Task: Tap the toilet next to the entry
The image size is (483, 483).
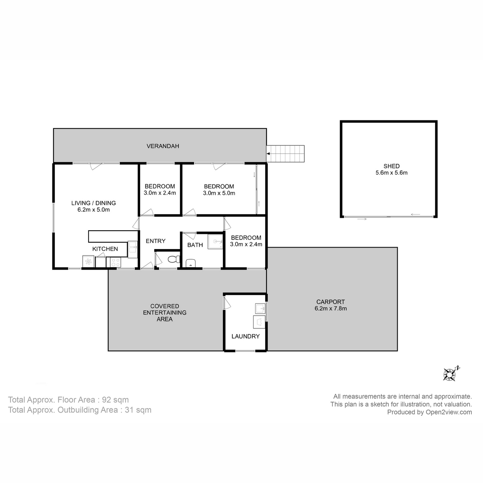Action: tap(173, 259)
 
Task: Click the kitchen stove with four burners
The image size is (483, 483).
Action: tap(114, 262)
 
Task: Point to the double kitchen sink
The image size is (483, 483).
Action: tap(132, 249)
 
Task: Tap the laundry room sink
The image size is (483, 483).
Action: tap(260, 309)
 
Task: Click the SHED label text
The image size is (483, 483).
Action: tap(391, 166)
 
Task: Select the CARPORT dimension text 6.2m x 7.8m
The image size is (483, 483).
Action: tap(330, 309)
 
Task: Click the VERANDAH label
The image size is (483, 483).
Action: tap(163, 146)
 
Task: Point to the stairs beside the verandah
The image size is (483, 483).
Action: tap(287, 154)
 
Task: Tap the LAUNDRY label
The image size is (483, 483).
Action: tap(245, 336)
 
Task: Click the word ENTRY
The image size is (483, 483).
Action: tap(155, 241)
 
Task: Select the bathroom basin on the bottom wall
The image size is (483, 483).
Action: tap(191, 263)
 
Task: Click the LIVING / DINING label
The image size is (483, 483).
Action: tap(93, 203)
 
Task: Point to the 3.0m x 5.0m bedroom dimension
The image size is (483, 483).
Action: tap(219, 193)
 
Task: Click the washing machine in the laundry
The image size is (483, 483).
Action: tap(258, 322)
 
